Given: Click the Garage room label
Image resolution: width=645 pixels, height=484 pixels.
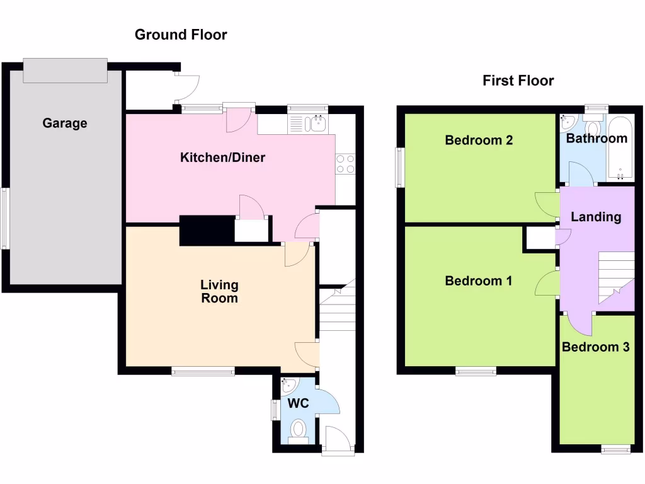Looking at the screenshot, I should [x=65, y=124].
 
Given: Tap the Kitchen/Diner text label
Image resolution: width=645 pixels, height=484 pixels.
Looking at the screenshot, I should [x=223, y=158].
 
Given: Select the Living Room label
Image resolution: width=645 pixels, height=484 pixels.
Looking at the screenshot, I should [x=219, y=292].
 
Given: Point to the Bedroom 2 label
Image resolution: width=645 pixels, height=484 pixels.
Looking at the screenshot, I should [x=479, y=140].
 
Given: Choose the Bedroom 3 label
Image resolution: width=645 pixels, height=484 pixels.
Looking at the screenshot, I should [x=595, y=347].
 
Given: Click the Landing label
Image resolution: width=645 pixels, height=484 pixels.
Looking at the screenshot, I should [x=596, y=217].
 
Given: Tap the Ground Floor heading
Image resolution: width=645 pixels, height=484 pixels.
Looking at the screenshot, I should [x=181, y=35].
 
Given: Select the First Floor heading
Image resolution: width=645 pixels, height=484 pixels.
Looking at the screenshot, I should [x=518, y=81].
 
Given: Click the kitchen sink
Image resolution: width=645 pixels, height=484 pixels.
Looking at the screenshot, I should [x=314, y=124].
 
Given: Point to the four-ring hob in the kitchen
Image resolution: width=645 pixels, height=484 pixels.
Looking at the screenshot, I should [x=345, y=164].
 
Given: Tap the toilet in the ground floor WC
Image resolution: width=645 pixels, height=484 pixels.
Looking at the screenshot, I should [x=298, y=430].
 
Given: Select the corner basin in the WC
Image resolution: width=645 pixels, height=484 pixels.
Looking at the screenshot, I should [x=289, y=385].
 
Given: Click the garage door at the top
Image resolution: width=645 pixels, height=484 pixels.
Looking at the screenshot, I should [x=65, y=70].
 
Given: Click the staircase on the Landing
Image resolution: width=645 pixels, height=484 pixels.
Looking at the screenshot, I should [x=615, y=277].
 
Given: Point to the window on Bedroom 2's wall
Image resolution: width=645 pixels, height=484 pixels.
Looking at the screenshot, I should [x=399, y=167].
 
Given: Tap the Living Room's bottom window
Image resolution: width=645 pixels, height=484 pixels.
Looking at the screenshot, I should [x=203, y=372].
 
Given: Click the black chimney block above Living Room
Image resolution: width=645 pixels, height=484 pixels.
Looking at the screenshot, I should [x=207, y=230].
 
